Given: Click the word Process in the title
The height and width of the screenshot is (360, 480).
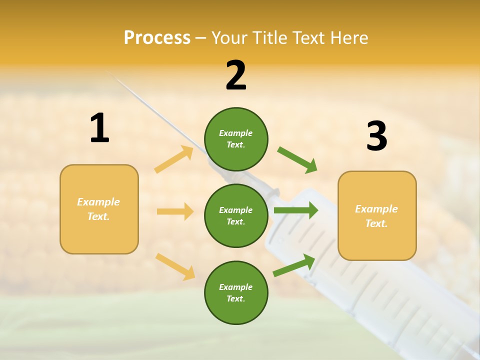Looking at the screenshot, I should [x=157, y=38].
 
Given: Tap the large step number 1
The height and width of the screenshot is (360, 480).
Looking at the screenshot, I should [x=99, y=128].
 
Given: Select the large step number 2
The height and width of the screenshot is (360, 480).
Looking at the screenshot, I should [x=236, y=75].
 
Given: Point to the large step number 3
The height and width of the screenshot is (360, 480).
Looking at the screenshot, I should [x=376, y=136].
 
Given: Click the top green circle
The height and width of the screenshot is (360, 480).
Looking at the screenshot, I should [x=236, y=139].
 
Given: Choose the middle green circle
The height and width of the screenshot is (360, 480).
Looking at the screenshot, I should [x=236, y=215].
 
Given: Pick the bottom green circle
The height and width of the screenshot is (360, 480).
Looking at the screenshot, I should [x=236, y=292].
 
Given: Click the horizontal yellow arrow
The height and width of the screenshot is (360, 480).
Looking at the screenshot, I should [x=175, y=211].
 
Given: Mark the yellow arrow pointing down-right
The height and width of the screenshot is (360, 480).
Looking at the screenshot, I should [x=175, y=266].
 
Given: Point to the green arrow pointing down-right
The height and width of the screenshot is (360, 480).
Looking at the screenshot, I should [x=297, y=159].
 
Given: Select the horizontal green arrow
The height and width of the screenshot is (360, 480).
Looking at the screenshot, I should [x=296, y=210].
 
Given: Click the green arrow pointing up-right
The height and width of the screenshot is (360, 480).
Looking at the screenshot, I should [x=294, y=265].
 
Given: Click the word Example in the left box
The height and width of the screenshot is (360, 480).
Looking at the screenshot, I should [x=98, y=202].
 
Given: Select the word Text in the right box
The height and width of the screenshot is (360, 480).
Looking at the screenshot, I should [x=376, y=223].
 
